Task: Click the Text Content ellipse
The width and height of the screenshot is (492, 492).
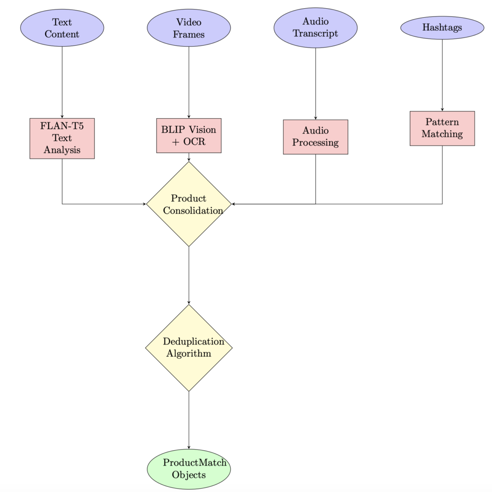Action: tap(62, 28)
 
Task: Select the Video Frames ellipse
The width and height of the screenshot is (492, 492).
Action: tap(189, 28)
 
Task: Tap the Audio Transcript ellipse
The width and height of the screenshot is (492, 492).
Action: tap(316, 28)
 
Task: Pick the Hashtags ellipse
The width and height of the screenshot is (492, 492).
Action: tap(442, 28)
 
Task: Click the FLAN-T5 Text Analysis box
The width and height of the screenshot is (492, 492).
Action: tap(62, 138)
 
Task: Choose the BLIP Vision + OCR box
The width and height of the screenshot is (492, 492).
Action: tap(189, 135)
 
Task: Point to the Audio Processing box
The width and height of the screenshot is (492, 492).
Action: tap(316, 137)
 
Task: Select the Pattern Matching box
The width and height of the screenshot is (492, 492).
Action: tap(442, 128)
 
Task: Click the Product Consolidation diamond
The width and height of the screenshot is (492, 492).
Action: tap(189, 204)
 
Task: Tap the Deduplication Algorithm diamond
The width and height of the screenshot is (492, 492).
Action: tap(189, 348)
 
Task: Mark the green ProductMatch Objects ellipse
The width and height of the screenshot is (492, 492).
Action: tap(189, 469)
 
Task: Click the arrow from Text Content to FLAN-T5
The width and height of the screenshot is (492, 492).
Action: tap(62, 82)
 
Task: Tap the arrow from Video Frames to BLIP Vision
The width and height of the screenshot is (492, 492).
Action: tap(189, 82)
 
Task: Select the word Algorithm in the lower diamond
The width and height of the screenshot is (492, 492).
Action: tap(188, 354)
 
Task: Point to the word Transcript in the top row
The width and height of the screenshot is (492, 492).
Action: tap(316, 34)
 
